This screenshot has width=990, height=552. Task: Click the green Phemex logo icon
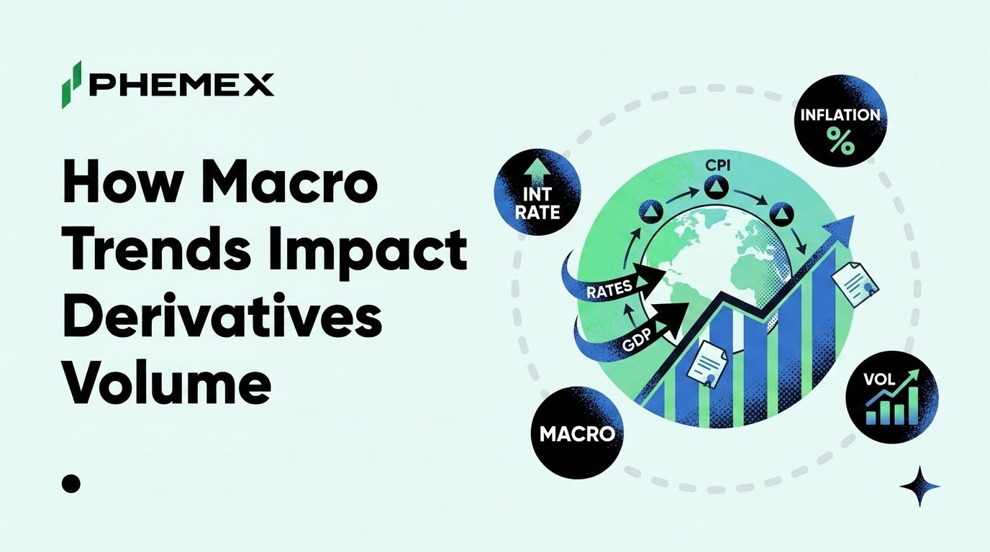[x=71, y=84]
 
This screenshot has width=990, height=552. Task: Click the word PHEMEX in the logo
[x=181, y=86]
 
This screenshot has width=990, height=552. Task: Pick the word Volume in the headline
[x=167, y=385]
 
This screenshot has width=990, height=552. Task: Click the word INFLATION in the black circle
[x=840, y=115]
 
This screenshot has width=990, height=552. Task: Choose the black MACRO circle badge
[x=577, y=433]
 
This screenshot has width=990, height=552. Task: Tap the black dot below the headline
[x=71, y=484]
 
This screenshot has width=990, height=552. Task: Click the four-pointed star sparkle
[x=920, y=486]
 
